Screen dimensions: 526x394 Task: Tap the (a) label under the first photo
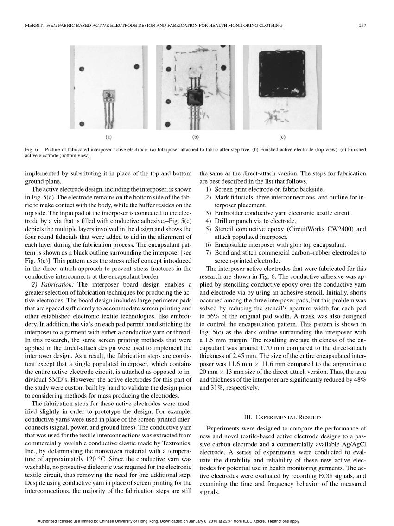click(x=108, y=137)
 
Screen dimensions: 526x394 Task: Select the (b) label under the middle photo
click(x=195, y=137)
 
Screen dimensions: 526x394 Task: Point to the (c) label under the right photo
click(x=282, y=137)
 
